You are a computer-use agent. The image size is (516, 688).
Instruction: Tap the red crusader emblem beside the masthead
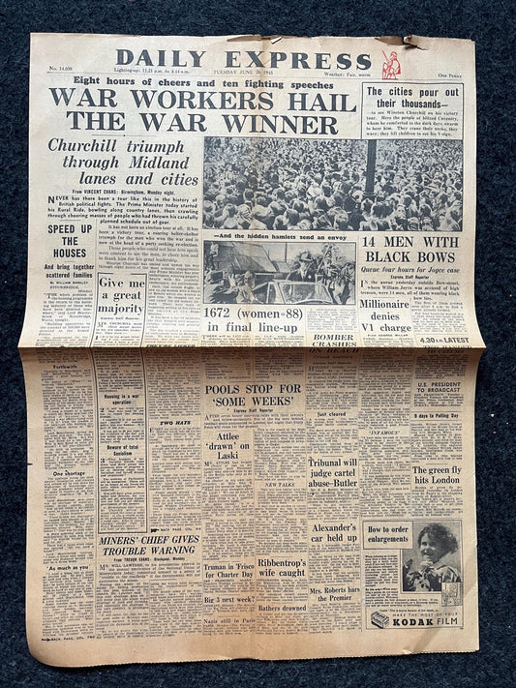click(x=391, y=65)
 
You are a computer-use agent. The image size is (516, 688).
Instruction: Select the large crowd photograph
click(x=332, y=184)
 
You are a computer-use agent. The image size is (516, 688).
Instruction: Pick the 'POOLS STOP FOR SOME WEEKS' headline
click(x=254, y=397)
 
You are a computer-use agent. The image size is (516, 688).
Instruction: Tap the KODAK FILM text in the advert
click(x=422, y=619)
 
